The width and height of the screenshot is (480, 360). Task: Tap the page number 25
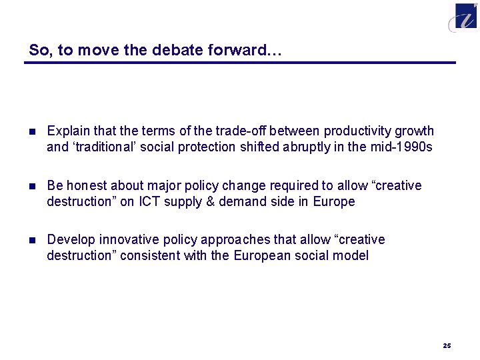click(447, 345)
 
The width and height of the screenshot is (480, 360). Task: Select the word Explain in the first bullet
click(67, 131)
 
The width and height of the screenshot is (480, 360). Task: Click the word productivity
click(361, 131)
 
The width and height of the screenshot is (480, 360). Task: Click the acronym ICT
click(150, 201)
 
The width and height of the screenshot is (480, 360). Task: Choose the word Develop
click(69, 239)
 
